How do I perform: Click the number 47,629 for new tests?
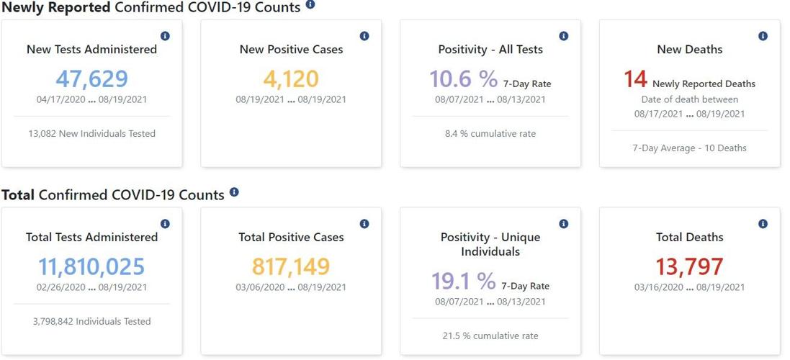[x=91, y=79]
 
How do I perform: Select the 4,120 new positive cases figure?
[x=291, y=79]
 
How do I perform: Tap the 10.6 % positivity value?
[x=463, y=79]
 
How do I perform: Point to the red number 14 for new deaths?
[x=635, y=79]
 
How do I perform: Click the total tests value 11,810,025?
[x=91, y=266]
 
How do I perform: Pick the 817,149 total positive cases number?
[x=291, y=266]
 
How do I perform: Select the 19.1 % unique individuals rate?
[x=463, y=280]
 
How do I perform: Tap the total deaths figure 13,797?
[x=689, y=266]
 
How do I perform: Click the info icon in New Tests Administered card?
[x=165, y=36]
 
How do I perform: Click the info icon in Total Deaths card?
[x=763, y=224]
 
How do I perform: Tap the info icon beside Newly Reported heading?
[x=310, y=4]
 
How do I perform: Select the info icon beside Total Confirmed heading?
[x=234, y=192]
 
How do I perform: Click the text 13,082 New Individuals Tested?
[x=91, y=133]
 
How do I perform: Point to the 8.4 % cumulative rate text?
[x=490, y=133]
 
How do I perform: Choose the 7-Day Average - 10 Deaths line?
[x=689, y=148]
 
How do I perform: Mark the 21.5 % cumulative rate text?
[x=490, y=336]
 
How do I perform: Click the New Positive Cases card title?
[x=291, y=50]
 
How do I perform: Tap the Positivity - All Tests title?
[x=490, y=50]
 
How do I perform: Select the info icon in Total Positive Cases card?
[x=364, y=224]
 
